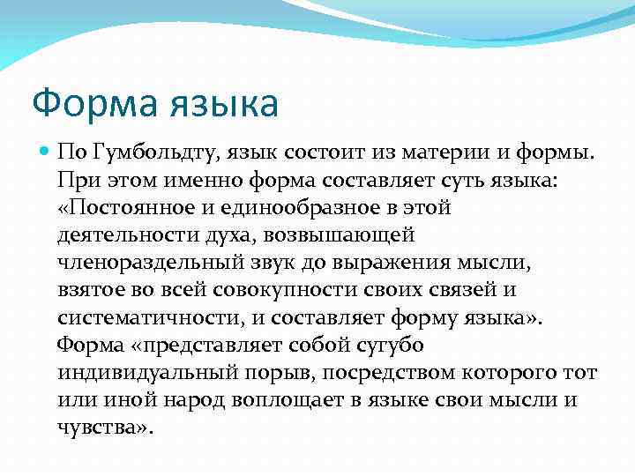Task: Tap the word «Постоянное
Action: [x=123, y=208]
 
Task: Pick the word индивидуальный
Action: [x=141, y=373]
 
